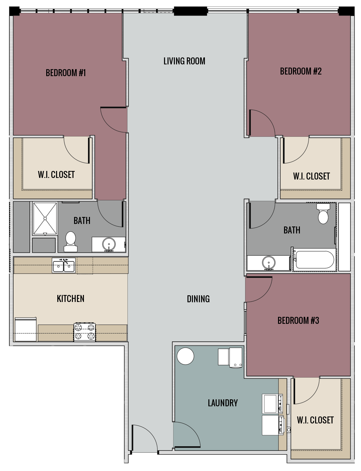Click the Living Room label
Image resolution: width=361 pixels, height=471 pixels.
pos(184,61)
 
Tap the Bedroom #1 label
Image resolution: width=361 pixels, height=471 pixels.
pos(66,73)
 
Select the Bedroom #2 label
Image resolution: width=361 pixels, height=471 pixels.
pos(301,71)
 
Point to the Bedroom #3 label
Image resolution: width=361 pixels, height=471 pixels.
pos(298,320)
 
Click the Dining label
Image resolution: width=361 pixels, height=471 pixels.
pos(198,299)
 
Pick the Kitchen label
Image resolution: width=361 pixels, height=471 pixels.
pos(71,298)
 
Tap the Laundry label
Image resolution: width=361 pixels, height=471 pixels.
pos(223,403)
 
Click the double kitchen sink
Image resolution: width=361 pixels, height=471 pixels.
pos(64,266)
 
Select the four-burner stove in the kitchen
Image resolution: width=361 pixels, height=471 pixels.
pos(85,332)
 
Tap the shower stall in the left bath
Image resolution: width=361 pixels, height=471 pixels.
pos(45,218)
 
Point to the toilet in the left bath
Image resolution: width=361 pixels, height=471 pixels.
pos(70,241)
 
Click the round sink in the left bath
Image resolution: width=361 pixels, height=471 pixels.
pos(109,245)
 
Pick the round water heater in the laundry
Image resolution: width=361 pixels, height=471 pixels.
pos(185,356)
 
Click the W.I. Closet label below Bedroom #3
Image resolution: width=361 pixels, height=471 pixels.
pos(315,420)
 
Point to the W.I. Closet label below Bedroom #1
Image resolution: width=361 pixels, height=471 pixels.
pos(56,174)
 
